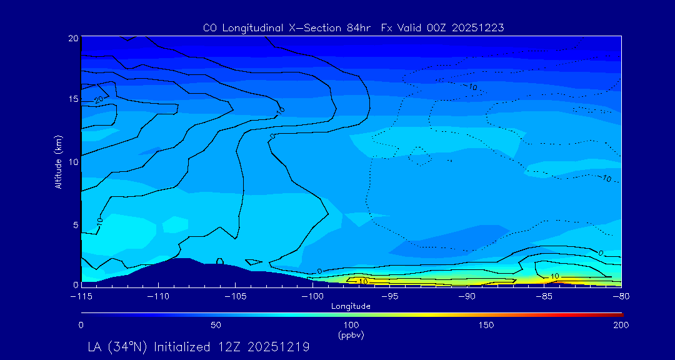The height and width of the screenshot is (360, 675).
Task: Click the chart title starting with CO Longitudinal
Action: [x=353, y=28]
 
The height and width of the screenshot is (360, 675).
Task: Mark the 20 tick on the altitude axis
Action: [x=72, y=38]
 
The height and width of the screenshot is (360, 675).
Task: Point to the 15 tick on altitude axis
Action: [x=72, y=99]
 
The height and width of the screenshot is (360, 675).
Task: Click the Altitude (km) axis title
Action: [x=58, y=161]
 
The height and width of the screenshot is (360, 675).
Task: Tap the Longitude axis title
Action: [x=351, y=306]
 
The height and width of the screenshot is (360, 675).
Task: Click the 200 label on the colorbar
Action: [x=621, y=325]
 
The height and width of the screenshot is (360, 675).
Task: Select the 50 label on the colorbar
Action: [x=216, y=325]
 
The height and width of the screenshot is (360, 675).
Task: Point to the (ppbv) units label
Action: [x=351, y=335]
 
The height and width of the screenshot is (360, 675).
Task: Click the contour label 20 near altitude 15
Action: [x=99, y=99]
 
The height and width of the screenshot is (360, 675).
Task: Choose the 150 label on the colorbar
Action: [x=486, y=325]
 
